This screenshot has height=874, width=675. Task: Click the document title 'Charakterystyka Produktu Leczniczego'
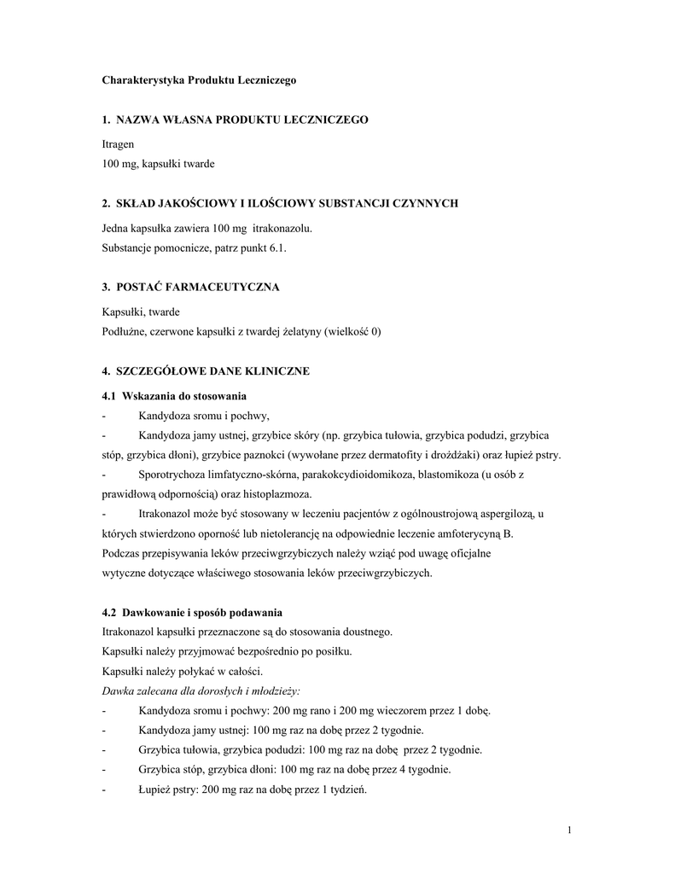pos(198,79)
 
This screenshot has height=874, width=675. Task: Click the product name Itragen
pos(118,145)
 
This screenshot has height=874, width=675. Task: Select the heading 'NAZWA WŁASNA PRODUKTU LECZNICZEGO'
pos(242,120)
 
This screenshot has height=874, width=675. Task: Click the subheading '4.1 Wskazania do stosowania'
pos(174,396)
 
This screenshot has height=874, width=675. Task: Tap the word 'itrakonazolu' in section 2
pos(282,229)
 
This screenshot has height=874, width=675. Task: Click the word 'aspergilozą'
pos(505,514)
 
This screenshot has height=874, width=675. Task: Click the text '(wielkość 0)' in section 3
pos(352,331)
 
